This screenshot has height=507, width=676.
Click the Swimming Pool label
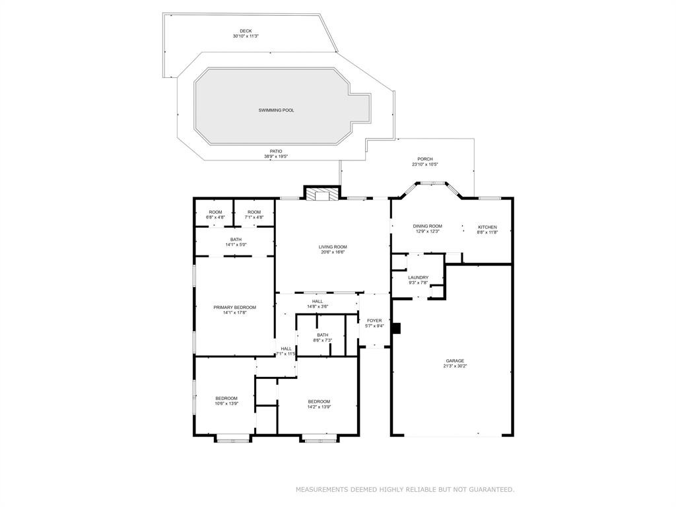click(x=276, y=110)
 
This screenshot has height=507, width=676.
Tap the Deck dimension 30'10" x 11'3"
click(x=246, y=36)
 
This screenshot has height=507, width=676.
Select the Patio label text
click(x=276, y=151)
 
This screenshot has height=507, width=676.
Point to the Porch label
click(x=424, y=159)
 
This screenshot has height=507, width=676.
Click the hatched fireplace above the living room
click(x=322, y=194)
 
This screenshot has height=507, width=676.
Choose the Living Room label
click(x=333, y=247)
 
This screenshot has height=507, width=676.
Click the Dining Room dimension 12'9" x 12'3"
click(x=428, y=232)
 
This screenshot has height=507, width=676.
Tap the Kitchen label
click(x=487, y=227)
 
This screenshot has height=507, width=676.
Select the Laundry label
click(x=418, y=277)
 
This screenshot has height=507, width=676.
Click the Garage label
click(x=454, y=360)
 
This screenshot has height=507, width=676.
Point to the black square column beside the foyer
click(x=395, y=328)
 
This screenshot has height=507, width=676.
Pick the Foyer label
click(x=374, y=320)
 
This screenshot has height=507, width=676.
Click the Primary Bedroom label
click(x=234, y=307)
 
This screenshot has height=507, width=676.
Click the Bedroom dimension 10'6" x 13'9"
click(x=226, y=403)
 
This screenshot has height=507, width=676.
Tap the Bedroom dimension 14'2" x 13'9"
click(x=319, y=407)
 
